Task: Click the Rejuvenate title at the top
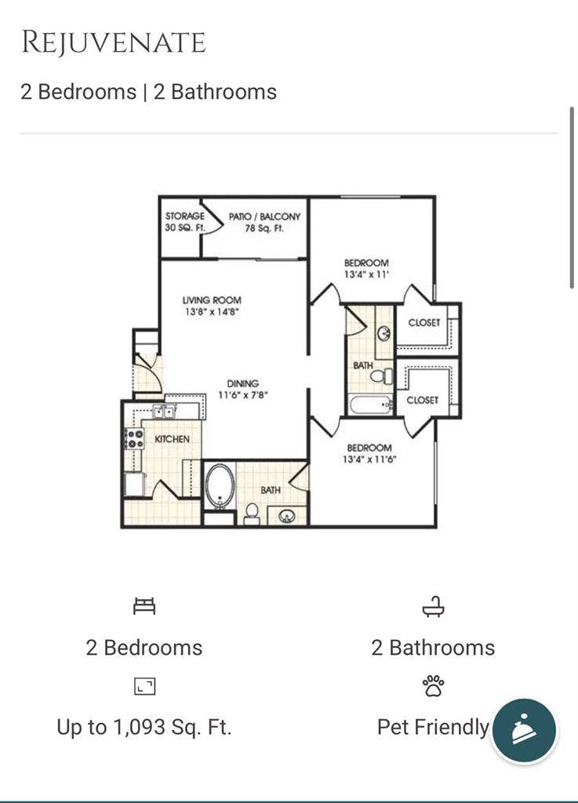[x=113, y=42]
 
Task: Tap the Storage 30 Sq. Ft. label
[x=184, y=222]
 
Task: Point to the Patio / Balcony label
[x=264, y=222]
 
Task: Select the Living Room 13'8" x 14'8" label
[x=212, y=305]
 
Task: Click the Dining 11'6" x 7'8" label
[x=243, y=389]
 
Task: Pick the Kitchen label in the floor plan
[x=172, y=439]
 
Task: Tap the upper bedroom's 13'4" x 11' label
[x=366, y=268]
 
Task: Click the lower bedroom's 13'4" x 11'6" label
[x=369, y=453]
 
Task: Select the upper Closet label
[x=424, y=322]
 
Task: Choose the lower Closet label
[x=422, y=400]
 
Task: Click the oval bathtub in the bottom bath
[x=220, y=486]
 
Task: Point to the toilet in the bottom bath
[x=252, y=513]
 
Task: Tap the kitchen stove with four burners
[x=134, y=438]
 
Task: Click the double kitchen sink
[x=164, y=411]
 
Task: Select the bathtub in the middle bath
[x=370, y=405]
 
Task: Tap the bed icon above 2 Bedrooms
[x=144, y=606]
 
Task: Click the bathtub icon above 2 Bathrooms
[x=433, y=607]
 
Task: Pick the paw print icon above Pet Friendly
[x=433, y=687]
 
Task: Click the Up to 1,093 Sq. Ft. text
[x=144, y=727]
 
